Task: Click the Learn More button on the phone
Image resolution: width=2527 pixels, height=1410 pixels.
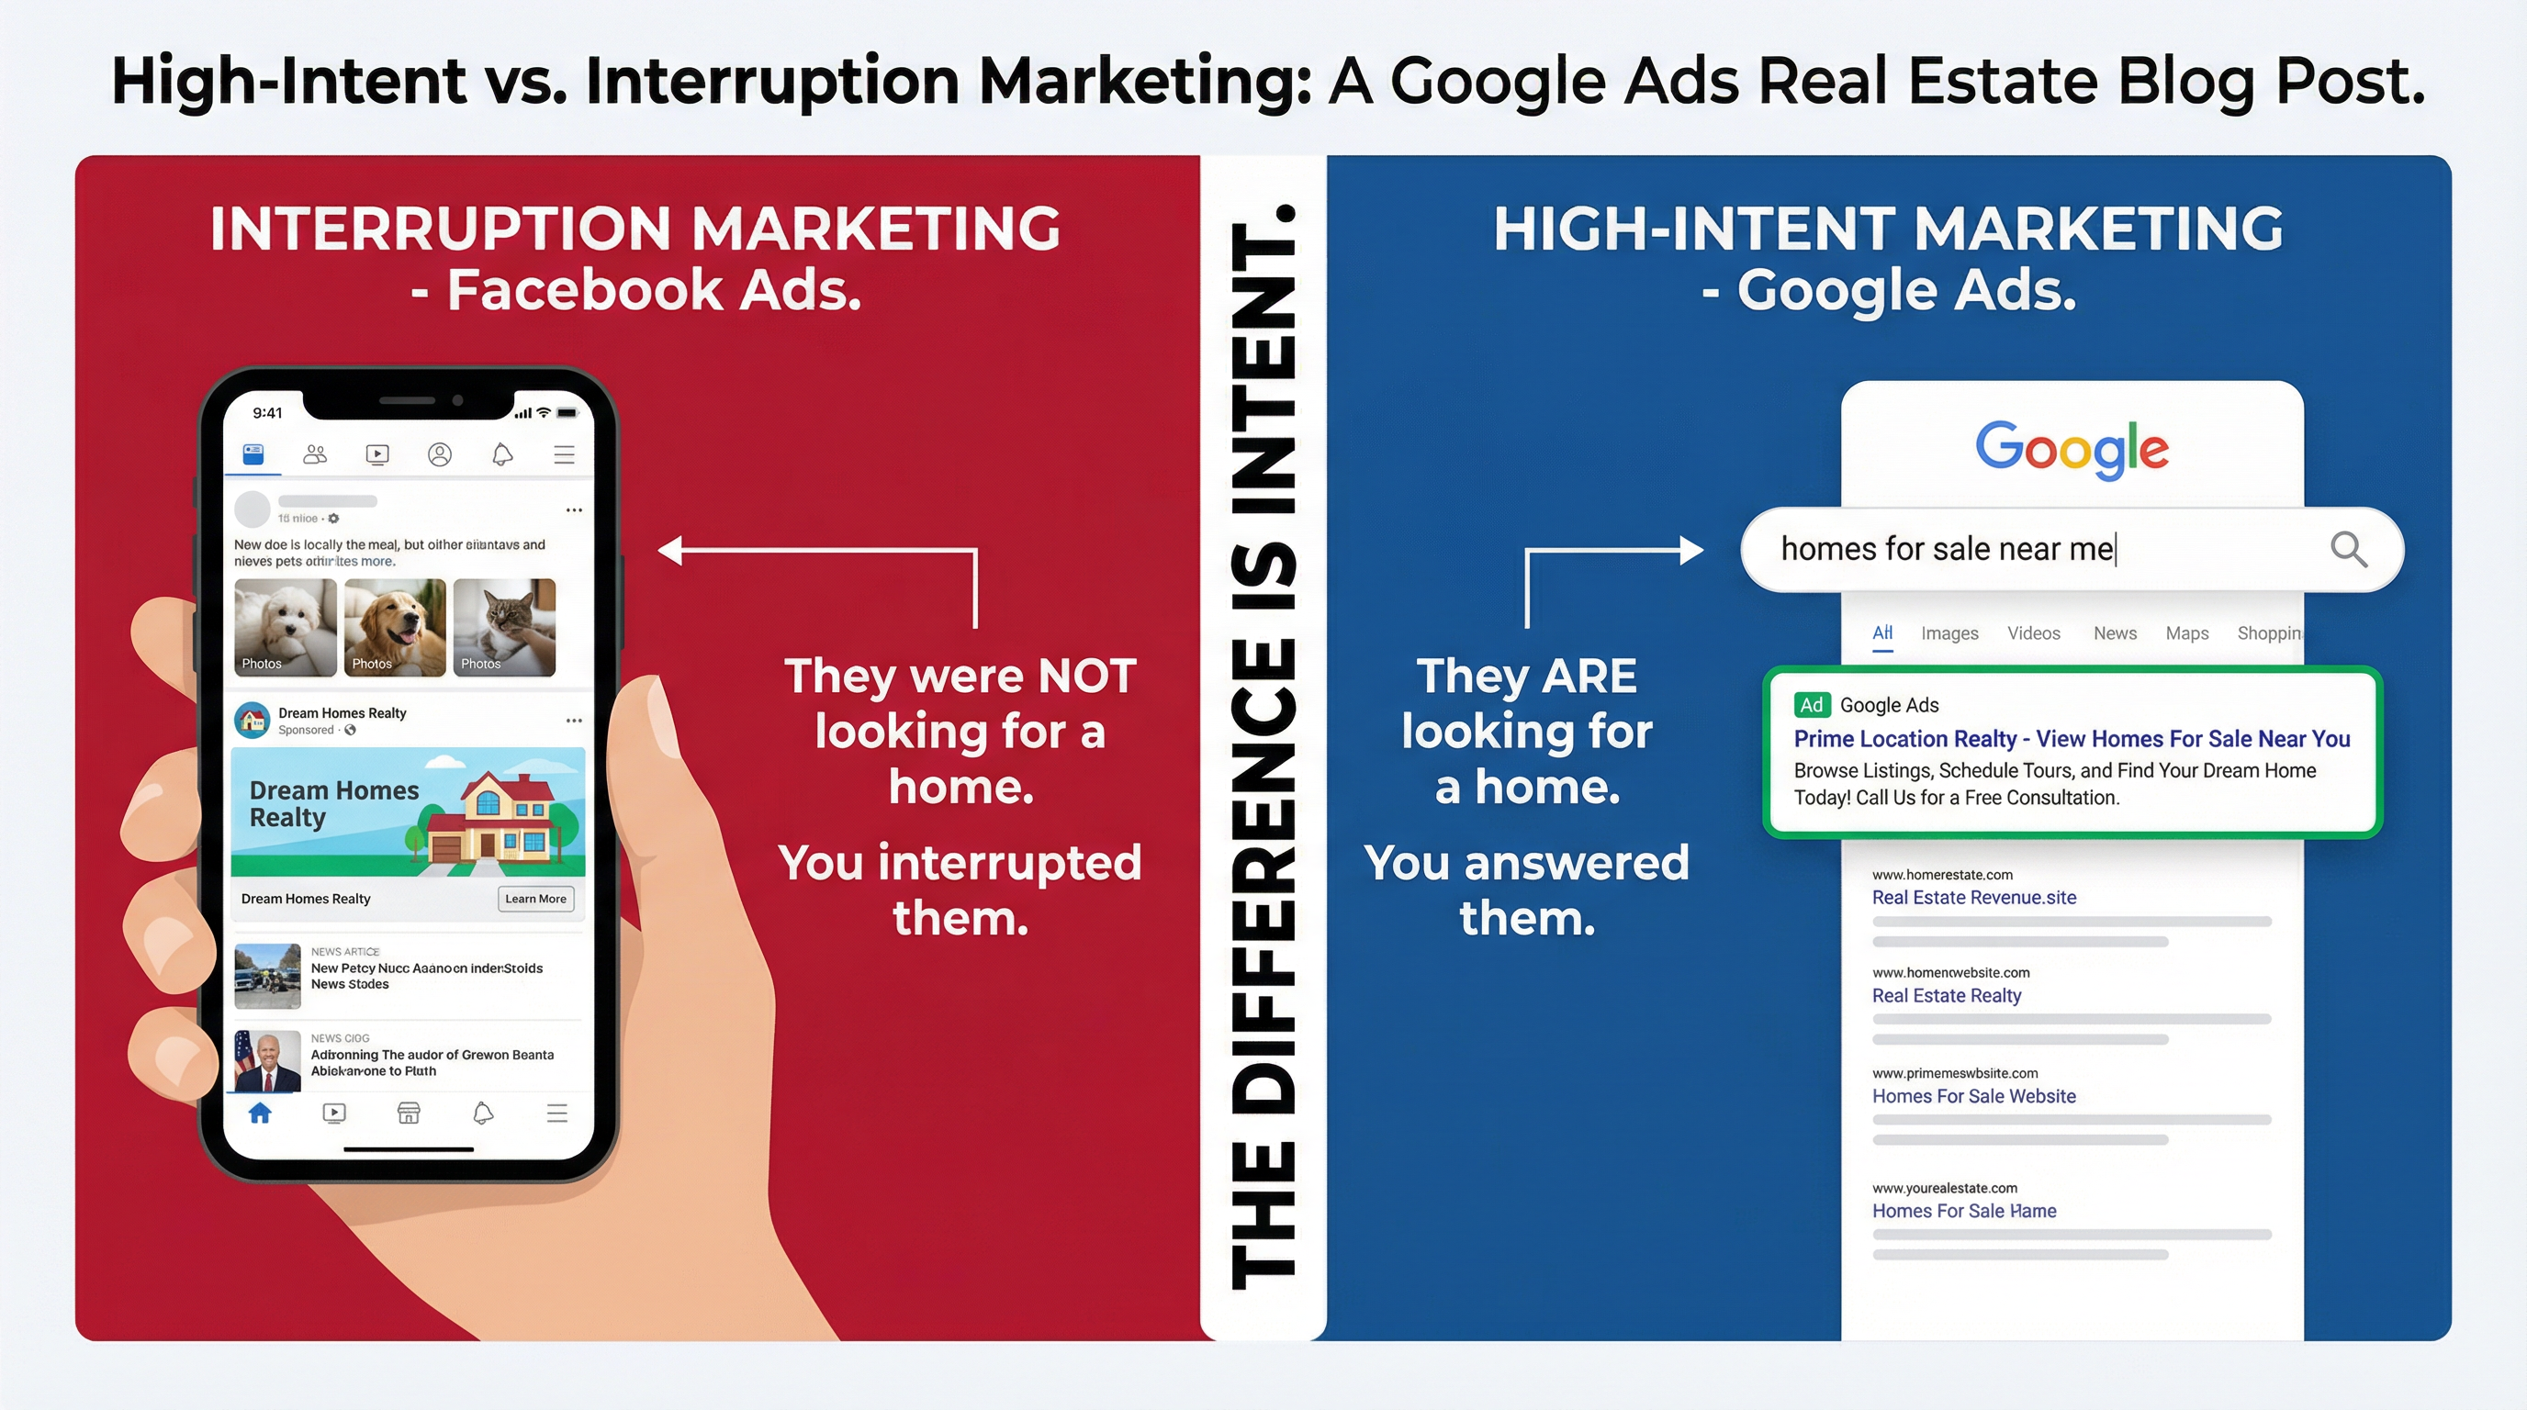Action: tap(535, 898)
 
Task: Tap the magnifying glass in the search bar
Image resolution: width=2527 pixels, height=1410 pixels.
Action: tap(2349, 549)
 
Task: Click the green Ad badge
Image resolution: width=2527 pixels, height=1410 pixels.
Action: tap(1811, 705)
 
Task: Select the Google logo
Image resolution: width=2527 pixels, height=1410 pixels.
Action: tap(2072, 449)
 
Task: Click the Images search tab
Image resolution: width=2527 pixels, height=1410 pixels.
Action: tap(1949, 633)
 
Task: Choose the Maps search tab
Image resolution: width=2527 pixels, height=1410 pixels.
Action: tap(2186, 633)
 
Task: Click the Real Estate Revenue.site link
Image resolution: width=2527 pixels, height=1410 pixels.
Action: tap(1973, 897)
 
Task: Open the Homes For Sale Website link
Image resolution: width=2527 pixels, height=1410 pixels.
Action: tap(1973, 1096)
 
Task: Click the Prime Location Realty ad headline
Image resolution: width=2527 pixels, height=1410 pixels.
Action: tap(2072, 738)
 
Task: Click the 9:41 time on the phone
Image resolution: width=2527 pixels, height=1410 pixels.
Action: tap(267, 413)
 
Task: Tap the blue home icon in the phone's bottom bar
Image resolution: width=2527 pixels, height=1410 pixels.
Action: tap(260, 1113)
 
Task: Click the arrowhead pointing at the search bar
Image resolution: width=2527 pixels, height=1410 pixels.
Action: tap(1691, 550)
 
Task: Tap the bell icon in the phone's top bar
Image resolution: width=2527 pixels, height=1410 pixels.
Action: tap(502, 455)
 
